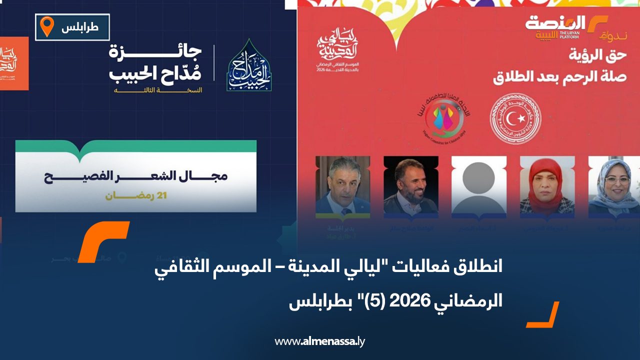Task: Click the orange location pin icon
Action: point(47,26)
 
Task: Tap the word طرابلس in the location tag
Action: point(80,28)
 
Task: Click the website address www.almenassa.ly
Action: point(320,341)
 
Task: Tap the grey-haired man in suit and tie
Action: point(342,186)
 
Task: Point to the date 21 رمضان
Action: point(136,195)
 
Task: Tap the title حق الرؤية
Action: point(590,55)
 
